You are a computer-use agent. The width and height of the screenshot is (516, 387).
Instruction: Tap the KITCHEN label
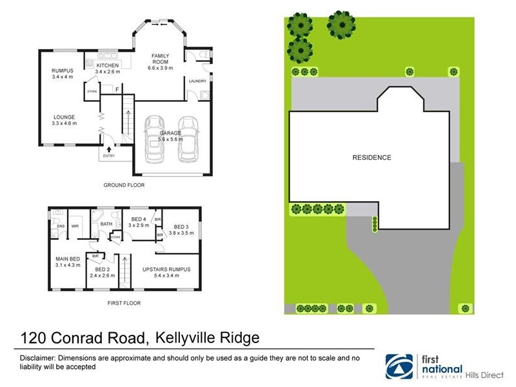[107, 66]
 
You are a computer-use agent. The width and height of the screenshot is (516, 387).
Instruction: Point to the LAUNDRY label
[197, 81]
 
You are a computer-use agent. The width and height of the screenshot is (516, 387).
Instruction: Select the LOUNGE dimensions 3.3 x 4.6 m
[64, 123]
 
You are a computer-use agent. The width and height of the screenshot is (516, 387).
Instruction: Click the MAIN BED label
[66, 259]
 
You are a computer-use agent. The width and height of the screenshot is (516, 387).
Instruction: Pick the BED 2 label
[102, 269]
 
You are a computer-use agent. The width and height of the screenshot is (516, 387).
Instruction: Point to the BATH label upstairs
[106, 224]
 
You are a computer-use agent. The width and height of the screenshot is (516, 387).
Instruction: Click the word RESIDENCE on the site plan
[372, 157]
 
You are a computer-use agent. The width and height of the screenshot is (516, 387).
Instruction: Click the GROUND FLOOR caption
[124, 185]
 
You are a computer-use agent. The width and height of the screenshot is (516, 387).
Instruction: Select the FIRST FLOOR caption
[124, 303]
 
